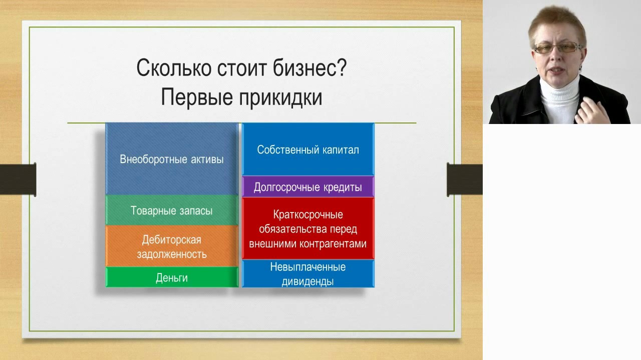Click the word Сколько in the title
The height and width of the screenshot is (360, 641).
tap(174, 67)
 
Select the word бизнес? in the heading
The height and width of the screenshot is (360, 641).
tap(310, 67)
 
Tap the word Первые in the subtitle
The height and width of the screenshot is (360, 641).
tap(197, 97)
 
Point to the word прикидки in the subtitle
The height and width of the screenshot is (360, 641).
tap(281, 97)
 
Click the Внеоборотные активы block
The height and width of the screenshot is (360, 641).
tap(172, 159)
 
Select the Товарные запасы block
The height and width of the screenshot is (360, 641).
tap(172, 210)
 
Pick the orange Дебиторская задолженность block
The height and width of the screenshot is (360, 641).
tap(172, 246)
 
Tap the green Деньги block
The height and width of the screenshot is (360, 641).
tap(172, 277)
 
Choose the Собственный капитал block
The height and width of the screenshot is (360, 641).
tap(308, 149)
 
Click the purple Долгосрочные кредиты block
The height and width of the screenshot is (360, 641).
tap(308, 187)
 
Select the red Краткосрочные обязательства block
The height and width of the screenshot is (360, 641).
tap(308, 228)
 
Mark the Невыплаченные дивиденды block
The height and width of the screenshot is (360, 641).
tap(308, 273)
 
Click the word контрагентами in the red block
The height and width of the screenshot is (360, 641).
tap(333, 243)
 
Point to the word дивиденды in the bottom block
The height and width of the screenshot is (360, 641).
tap(307, 281)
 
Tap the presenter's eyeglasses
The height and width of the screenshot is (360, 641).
tap(557, 47)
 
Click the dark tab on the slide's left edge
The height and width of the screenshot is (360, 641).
tap(18, 179)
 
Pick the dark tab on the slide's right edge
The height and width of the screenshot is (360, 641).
tap(465, 179)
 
